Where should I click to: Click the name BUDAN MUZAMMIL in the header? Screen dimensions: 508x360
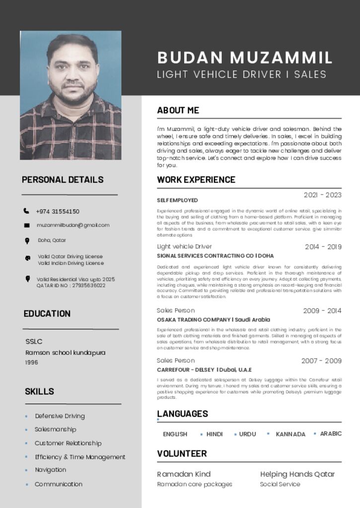[244, 58]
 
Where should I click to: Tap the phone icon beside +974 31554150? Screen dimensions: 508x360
[26, 211]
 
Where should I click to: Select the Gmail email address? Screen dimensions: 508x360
[73, 225]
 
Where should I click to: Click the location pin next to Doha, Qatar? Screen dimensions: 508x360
[27, 241]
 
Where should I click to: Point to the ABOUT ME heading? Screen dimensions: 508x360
[178, 110]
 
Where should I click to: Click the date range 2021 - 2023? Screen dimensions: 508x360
[322, 195]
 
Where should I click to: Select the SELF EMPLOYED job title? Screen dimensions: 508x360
[177, 200]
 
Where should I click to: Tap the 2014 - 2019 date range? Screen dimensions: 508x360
[323, 247]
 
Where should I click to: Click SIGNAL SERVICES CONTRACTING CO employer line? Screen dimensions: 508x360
[215, 256]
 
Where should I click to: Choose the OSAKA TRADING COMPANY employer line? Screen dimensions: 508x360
[213, 320]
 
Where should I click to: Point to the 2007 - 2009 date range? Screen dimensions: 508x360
[321, 361]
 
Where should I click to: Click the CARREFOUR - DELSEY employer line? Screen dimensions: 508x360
[204, 370]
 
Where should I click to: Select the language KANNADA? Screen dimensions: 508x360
[290, 434]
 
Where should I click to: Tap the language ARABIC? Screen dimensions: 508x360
[331, 434]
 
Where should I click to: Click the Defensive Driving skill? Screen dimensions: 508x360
[60, 416]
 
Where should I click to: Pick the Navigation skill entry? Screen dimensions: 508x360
[50, 470]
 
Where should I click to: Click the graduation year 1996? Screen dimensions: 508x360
[32, 363]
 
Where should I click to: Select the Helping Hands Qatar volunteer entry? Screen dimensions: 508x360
[297, 474]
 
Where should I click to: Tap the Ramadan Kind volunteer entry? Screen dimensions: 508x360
[184, 474]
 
